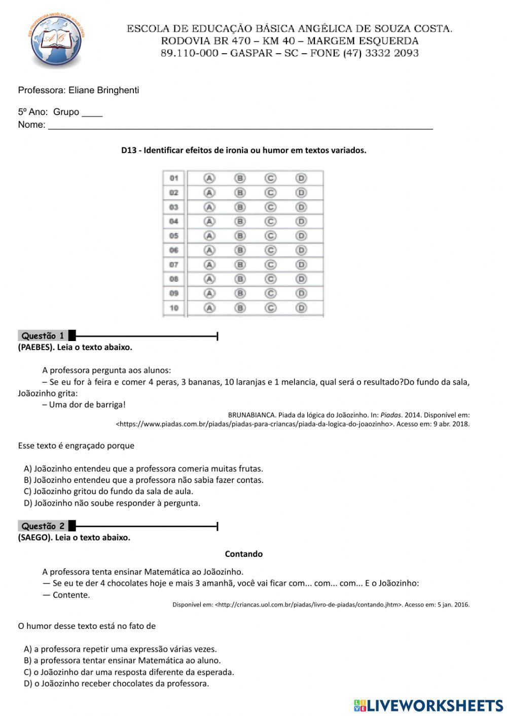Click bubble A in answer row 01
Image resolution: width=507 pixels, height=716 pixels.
[x=209, y=178]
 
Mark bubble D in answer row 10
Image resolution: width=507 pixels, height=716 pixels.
[x=301, y=308]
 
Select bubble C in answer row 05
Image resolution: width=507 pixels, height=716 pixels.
[x=271, y=236]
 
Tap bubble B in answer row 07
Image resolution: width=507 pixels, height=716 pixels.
[x=240, y=265]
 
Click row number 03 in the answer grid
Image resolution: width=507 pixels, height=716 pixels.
[x=174, y=207]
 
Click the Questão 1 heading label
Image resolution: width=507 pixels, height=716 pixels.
[x=43, y=335]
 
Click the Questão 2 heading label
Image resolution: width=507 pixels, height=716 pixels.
[x=43, y=526]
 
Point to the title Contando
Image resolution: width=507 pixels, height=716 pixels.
[x=244, y=554]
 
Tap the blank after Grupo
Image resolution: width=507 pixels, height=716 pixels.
[x=92, y=112]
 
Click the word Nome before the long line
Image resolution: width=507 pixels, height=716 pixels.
[x=31, y=125]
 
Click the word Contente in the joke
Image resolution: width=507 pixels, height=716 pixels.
[x=71, y=595]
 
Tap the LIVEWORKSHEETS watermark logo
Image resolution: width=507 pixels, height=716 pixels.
[x=428, y=705]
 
